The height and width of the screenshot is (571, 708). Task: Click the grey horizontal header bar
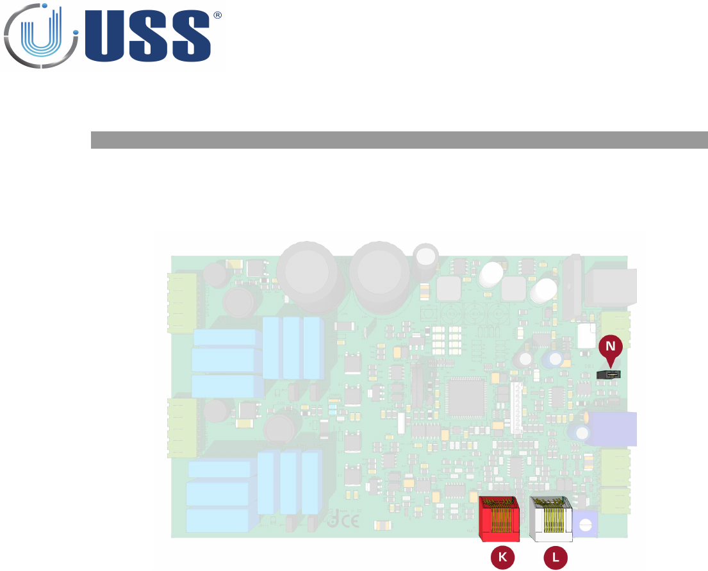[x=399, y=140]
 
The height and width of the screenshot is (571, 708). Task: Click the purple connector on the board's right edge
[x=614, y=429]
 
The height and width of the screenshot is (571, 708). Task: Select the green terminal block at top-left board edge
[x=183, y=300]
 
